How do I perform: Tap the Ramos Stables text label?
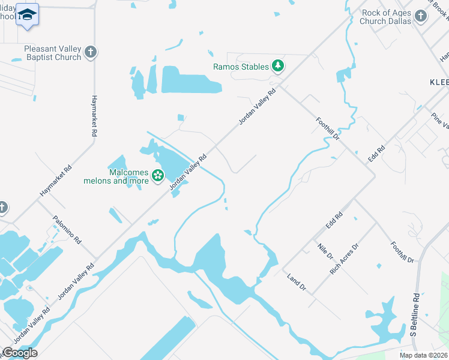[x=241, y=67]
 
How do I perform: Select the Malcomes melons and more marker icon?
[x=158, y=176]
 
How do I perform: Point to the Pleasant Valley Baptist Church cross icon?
[x=91, y=52]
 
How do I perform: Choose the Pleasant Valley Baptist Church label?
[x=52, y=53]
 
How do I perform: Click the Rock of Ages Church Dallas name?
[x=385, y=16]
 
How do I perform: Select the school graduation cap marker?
[x=27, y=14]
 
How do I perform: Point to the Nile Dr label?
[x=326, y=251]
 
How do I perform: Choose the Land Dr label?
[x=297, y=283]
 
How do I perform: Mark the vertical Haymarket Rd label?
[x=94, y=116]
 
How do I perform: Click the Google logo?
[x=20, y=352]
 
